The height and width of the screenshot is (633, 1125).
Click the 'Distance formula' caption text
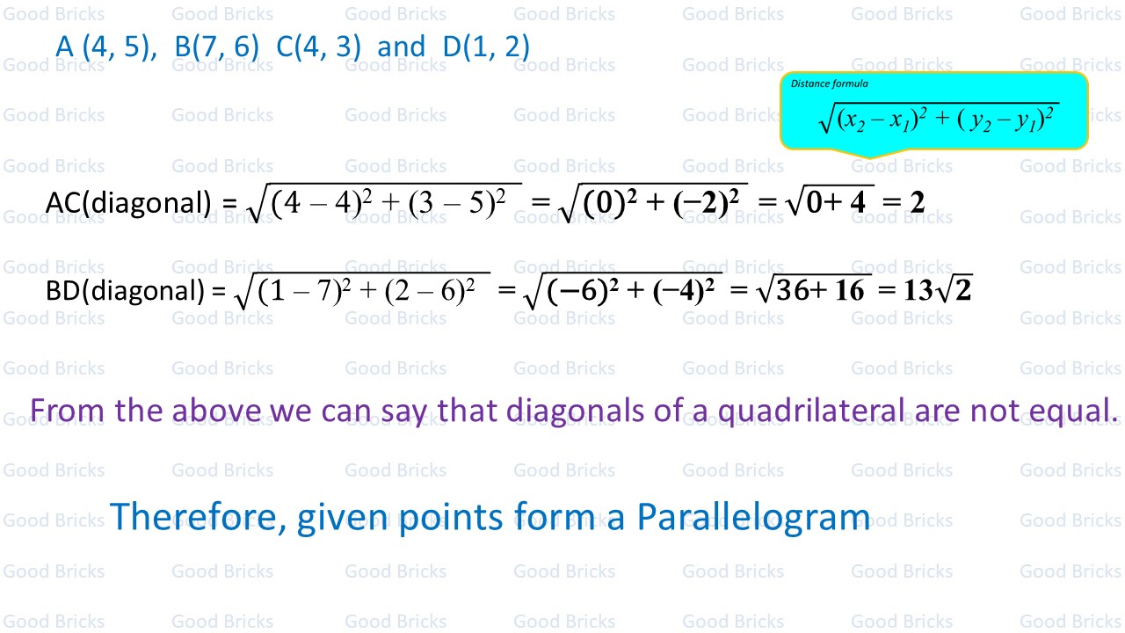point(830,84)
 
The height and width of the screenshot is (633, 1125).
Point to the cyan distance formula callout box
point(933,111)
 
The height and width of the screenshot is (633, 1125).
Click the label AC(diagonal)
point(128,203)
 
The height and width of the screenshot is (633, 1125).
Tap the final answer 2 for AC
point(917,203)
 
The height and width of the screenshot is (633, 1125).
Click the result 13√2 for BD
point(937,290)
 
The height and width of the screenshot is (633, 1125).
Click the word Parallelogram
point(753,517)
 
